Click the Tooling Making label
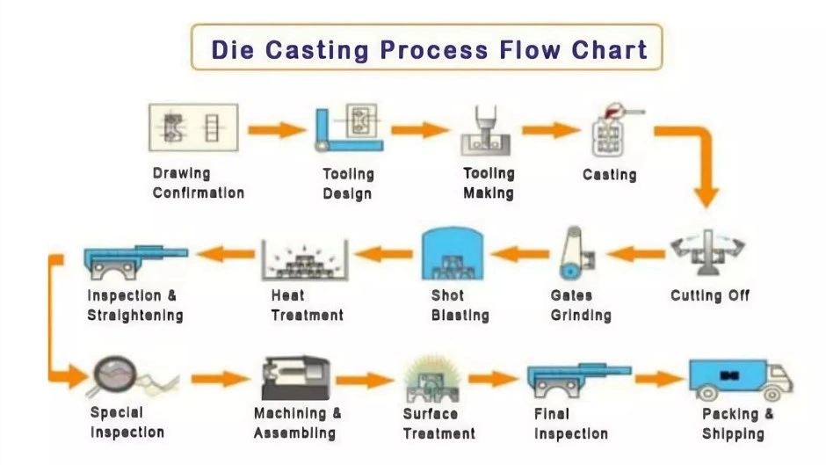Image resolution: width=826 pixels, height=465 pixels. point(489,183)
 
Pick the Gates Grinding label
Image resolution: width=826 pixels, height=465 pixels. point(580,305)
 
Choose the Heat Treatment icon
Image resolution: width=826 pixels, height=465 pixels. point(305,259)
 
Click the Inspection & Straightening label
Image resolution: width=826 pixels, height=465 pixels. point(135,305)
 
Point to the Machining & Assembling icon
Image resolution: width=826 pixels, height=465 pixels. point(295,378)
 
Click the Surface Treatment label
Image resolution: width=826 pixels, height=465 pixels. point(438,423)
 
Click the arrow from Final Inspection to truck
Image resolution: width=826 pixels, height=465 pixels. point(658,379)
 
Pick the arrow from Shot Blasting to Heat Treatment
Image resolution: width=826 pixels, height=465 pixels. point(383,254)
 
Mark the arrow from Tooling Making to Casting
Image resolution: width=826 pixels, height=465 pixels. point(550,130)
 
